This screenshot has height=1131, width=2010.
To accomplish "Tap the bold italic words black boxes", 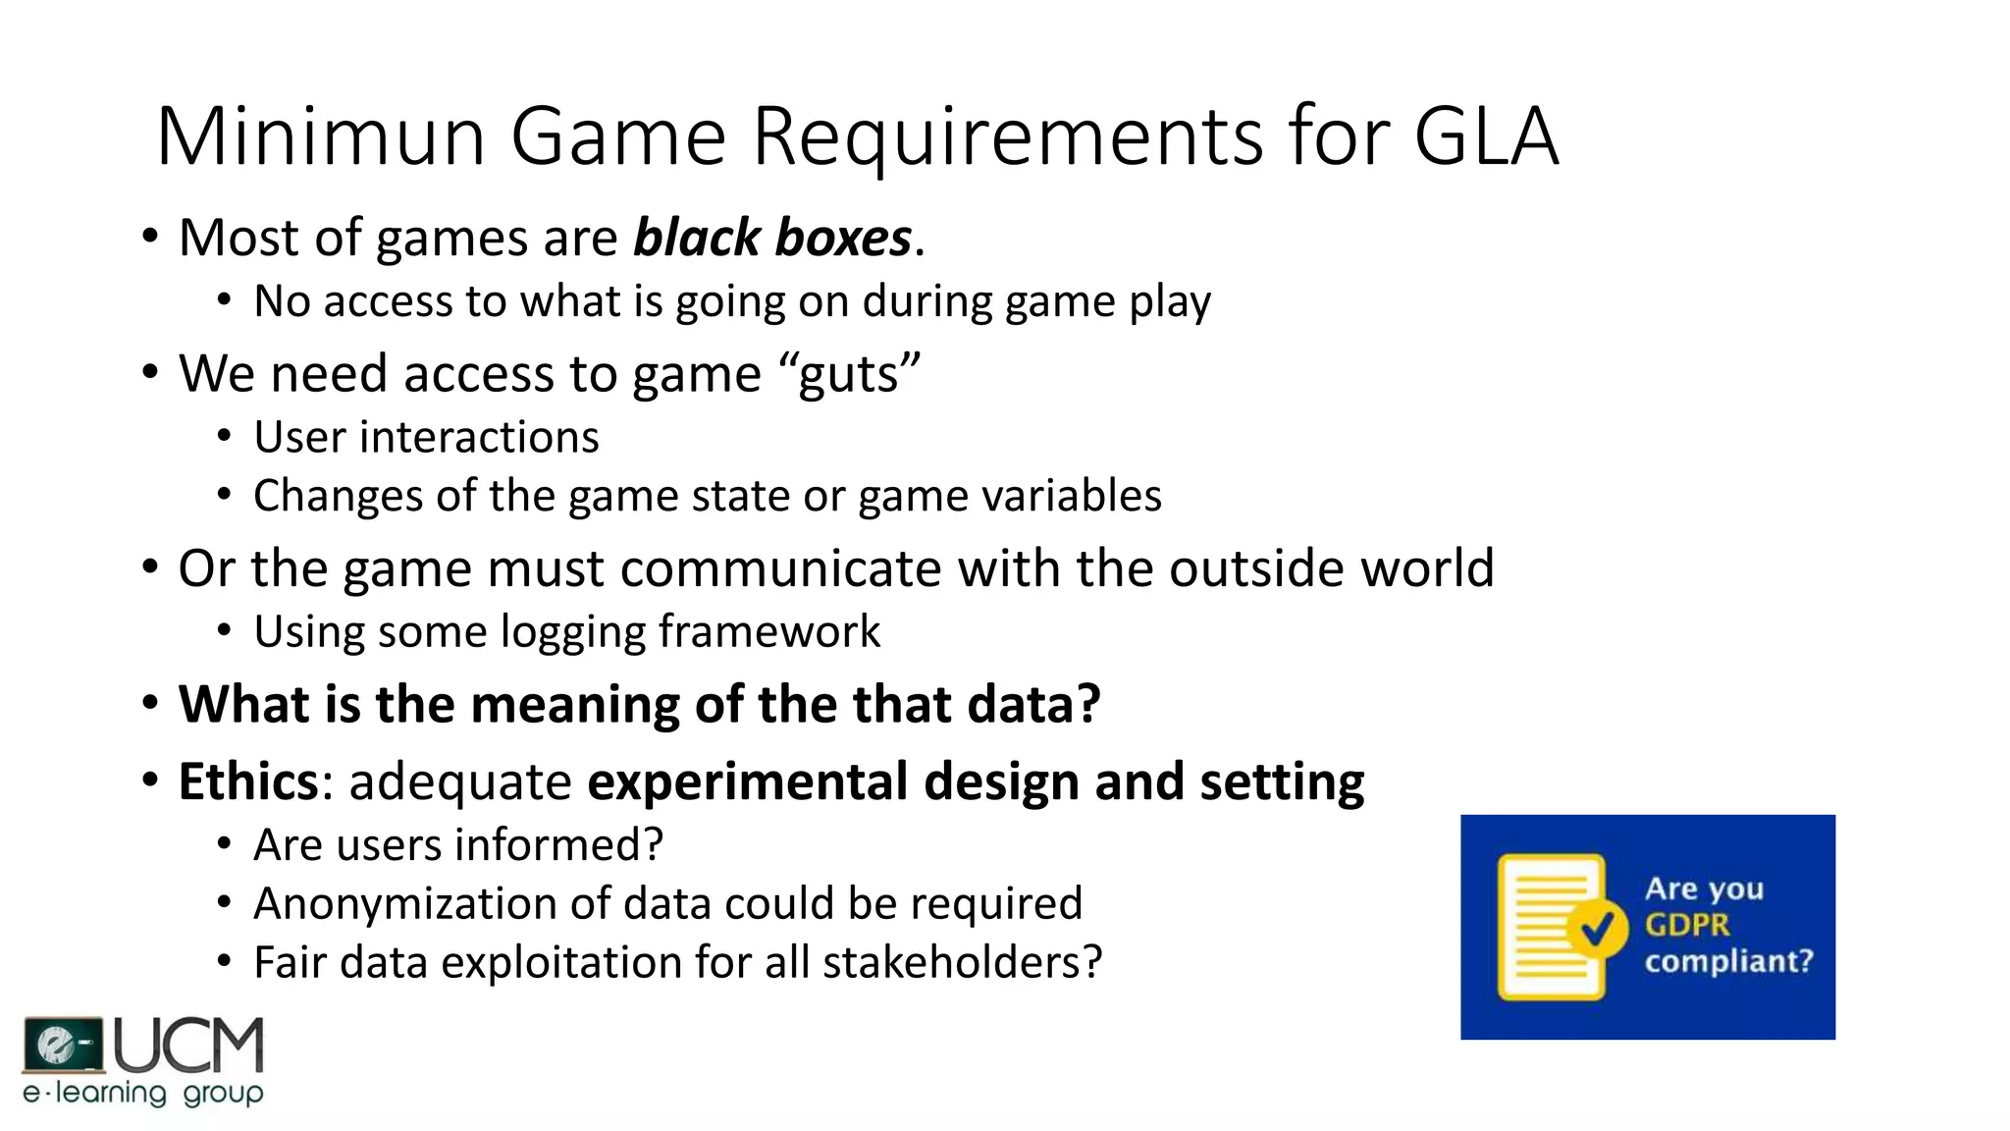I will tap(772, 238).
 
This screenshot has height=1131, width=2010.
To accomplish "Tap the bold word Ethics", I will tap(248, 781).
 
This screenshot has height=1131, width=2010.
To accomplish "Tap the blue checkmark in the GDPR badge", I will tap(1597, 926).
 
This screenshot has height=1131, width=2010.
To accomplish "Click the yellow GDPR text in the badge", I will tap(1687, 925).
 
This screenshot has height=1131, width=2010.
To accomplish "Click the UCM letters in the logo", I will tap(188, 1046).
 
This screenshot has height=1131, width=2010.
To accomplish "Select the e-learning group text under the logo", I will tap(143, 1093).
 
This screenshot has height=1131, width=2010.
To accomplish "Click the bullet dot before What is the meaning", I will tap(149, 704).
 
